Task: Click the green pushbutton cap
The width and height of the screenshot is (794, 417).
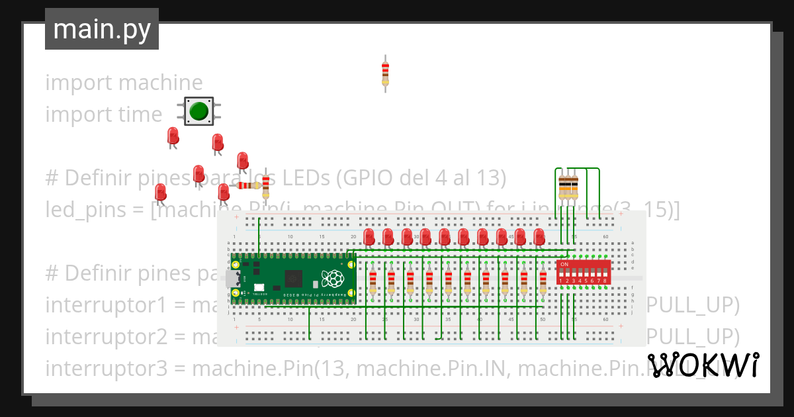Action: [198, 111]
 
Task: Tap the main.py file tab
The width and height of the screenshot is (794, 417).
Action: [102, 29]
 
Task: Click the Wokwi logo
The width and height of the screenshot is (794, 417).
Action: [703, 365]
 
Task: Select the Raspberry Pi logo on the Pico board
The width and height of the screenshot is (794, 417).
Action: [333, 278]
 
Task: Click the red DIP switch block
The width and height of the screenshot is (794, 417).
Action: [584, 272]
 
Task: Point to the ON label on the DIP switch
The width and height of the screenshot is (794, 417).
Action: [564, 264]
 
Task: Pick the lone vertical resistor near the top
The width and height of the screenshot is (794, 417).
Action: [385, 73]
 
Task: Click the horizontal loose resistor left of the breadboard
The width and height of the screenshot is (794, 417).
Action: [249, 185]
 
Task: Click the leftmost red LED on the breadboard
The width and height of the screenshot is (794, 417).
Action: [369, 236]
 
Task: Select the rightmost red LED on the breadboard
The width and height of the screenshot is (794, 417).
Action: [539, 236]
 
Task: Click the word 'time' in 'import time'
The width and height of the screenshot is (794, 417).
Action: [140, 115]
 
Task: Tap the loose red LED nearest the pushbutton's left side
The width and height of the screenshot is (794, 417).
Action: [173, 136]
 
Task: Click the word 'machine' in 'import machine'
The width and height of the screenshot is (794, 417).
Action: [160, 83]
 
